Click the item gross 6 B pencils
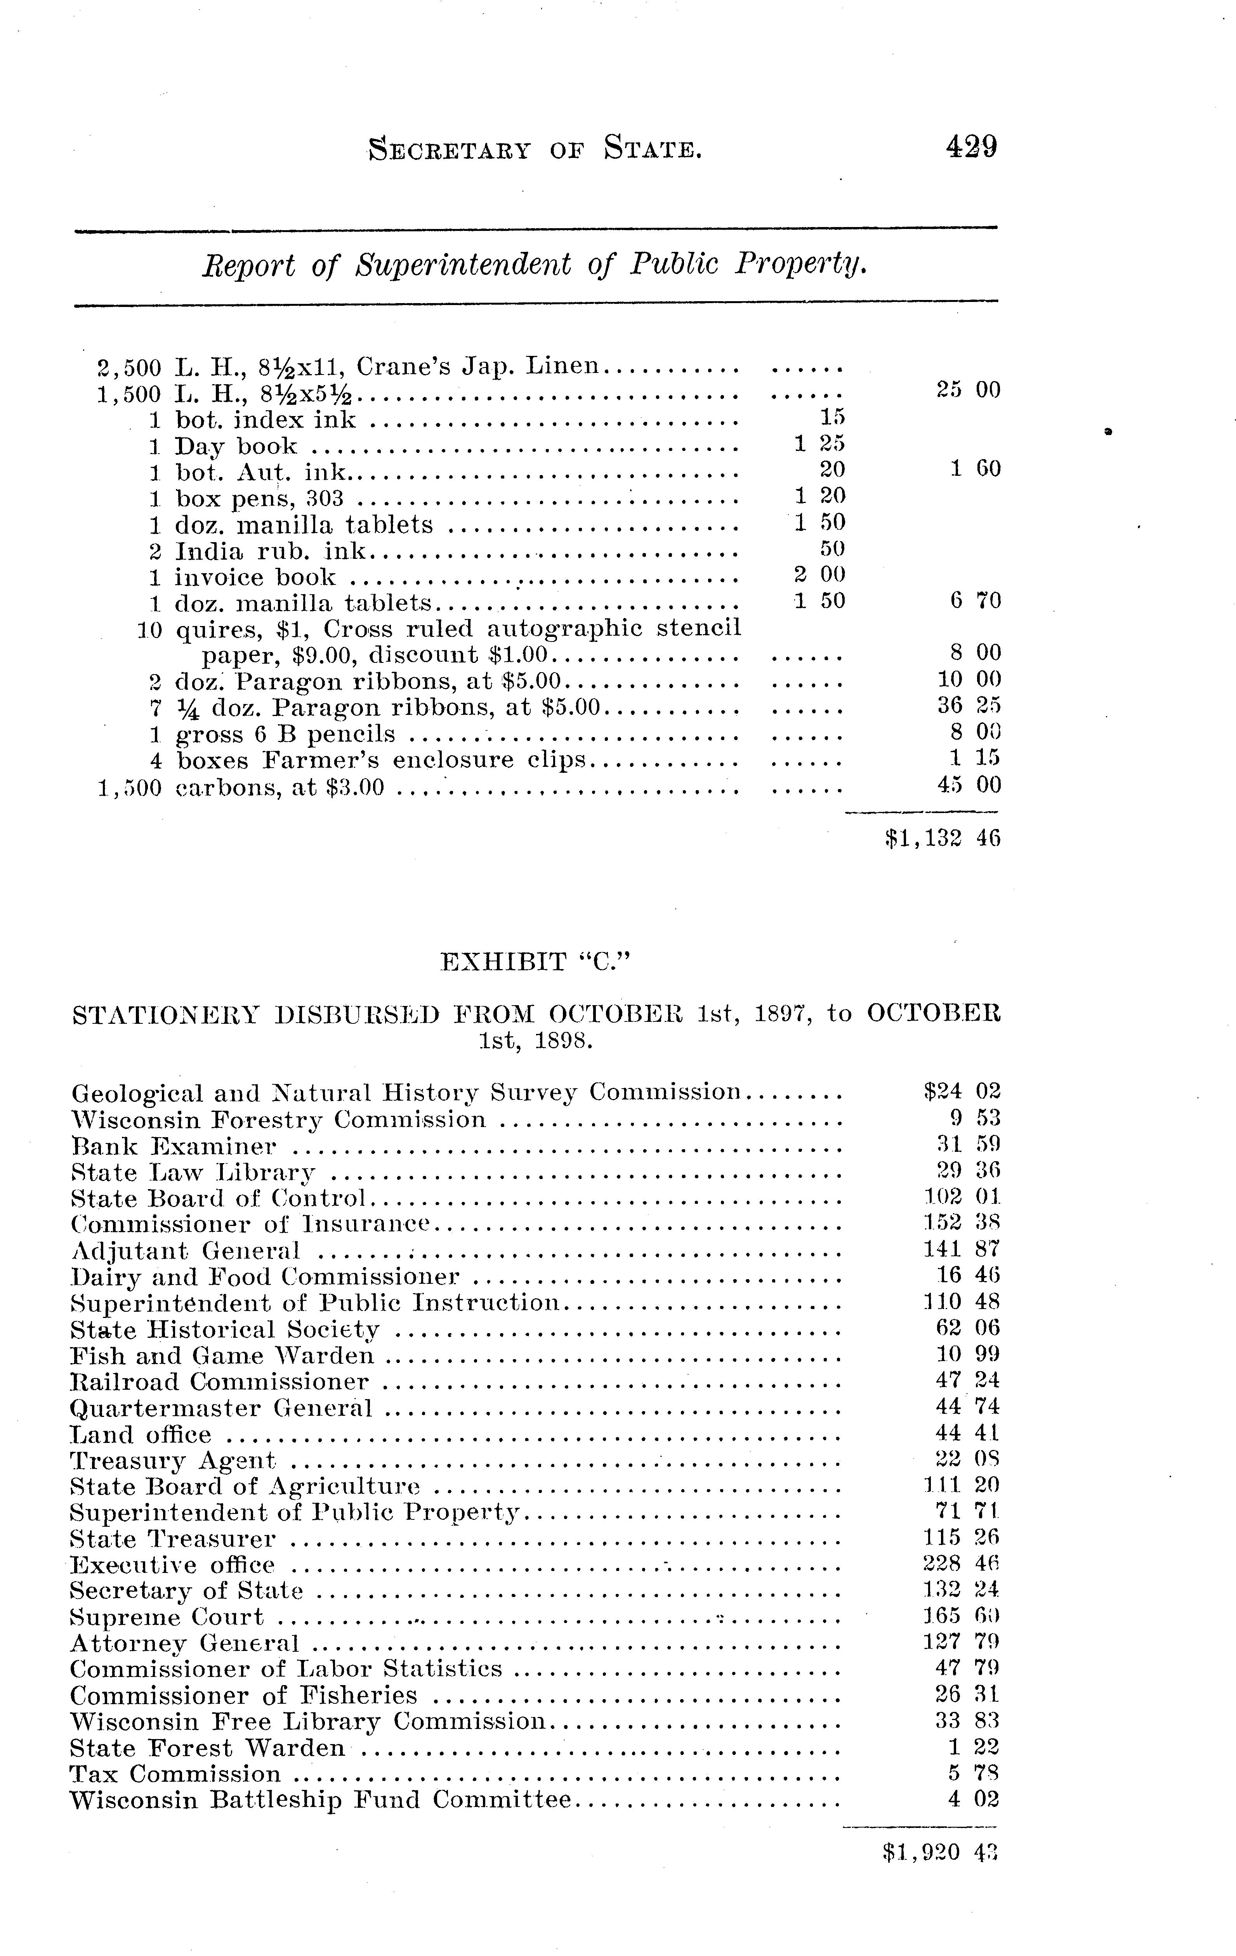tap(285, 734)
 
